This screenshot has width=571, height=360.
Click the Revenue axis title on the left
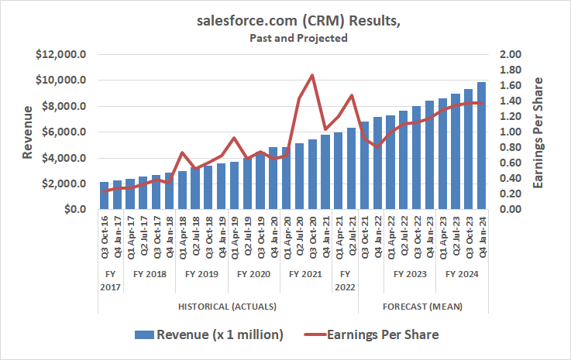click(x=28, y=132)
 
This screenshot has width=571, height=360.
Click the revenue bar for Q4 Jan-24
click(x=481, y=146)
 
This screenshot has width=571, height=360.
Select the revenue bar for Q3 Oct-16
click(x=105, y=196)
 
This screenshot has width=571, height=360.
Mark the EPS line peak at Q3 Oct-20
click(x=311, y=75)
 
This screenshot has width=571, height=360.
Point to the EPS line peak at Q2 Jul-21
click(x=351, y=95)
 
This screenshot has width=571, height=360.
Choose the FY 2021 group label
click(x=304, y=274)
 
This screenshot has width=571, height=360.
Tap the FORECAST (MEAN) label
click(x=422, y=307)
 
